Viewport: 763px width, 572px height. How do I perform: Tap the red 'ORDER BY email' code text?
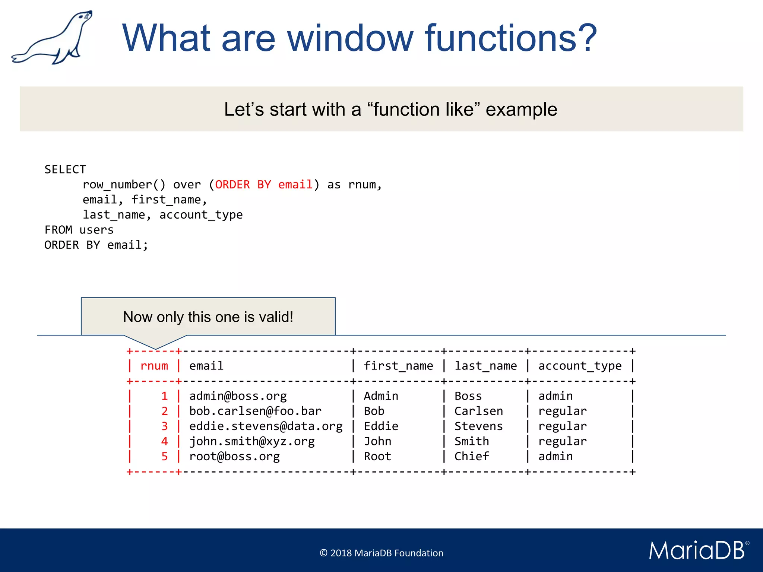click(264, 185)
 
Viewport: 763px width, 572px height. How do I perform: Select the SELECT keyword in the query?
click(65, 169)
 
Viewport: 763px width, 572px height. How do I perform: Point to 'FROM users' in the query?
click(79, 230)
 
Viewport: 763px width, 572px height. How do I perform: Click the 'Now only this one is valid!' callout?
click(208, 317)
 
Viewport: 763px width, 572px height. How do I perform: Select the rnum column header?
click(154, 366)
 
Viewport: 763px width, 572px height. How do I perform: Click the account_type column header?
click(580, 366)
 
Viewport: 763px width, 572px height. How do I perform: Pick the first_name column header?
click(398, 366)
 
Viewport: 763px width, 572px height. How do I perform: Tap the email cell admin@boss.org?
click(238, 396)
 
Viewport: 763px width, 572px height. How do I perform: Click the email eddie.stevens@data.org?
click(266, 426)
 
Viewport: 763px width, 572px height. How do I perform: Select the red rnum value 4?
click(164, 441)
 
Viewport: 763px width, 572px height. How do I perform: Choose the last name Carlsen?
click(478, 411)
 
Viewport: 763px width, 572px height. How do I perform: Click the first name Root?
click(377, 456)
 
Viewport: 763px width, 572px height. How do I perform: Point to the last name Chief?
click(471, 456)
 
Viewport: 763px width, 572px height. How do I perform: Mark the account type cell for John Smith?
click(562, 441)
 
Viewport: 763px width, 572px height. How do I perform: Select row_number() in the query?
click(124, 185)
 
